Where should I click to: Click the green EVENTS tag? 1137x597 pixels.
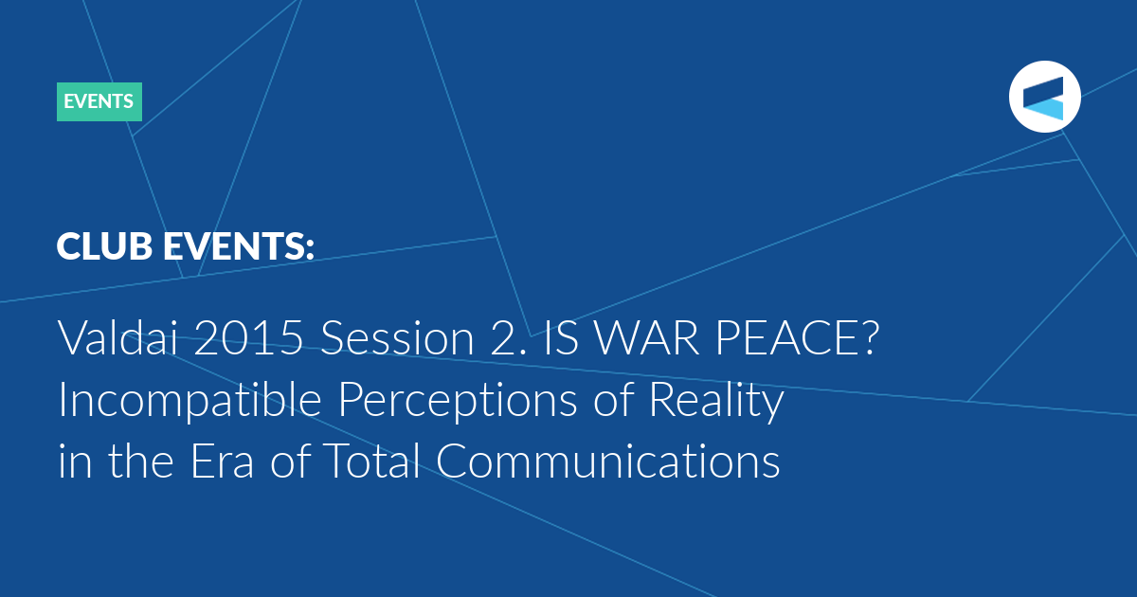[99, 101]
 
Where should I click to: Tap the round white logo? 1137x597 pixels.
[1044, 97]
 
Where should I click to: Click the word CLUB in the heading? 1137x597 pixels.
[104, 246]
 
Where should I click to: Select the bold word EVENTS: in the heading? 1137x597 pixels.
[239, 246]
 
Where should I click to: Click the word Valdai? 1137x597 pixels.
[118, 337]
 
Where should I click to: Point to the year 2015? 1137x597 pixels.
[248, 337]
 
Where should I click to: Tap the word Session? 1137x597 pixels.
[397, 337]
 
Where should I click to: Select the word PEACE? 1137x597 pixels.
[797, 337]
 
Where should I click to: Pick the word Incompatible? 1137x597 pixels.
[189, 401]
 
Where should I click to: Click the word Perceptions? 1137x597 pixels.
[458, 401]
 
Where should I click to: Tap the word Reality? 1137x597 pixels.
[716, 401]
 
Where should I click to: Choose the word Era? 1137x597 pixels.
[222, 461]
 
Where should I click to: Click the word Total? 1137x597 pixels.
[371, 460]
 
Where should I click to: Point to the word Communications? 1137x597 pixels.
[607, 460]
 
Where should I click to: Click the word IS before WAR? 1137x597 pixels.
[561, 337]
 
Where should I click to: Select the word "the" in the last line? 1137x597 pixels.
[140, 460]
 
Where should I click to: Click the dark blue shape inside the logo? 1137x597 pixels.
[1043, 90]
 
